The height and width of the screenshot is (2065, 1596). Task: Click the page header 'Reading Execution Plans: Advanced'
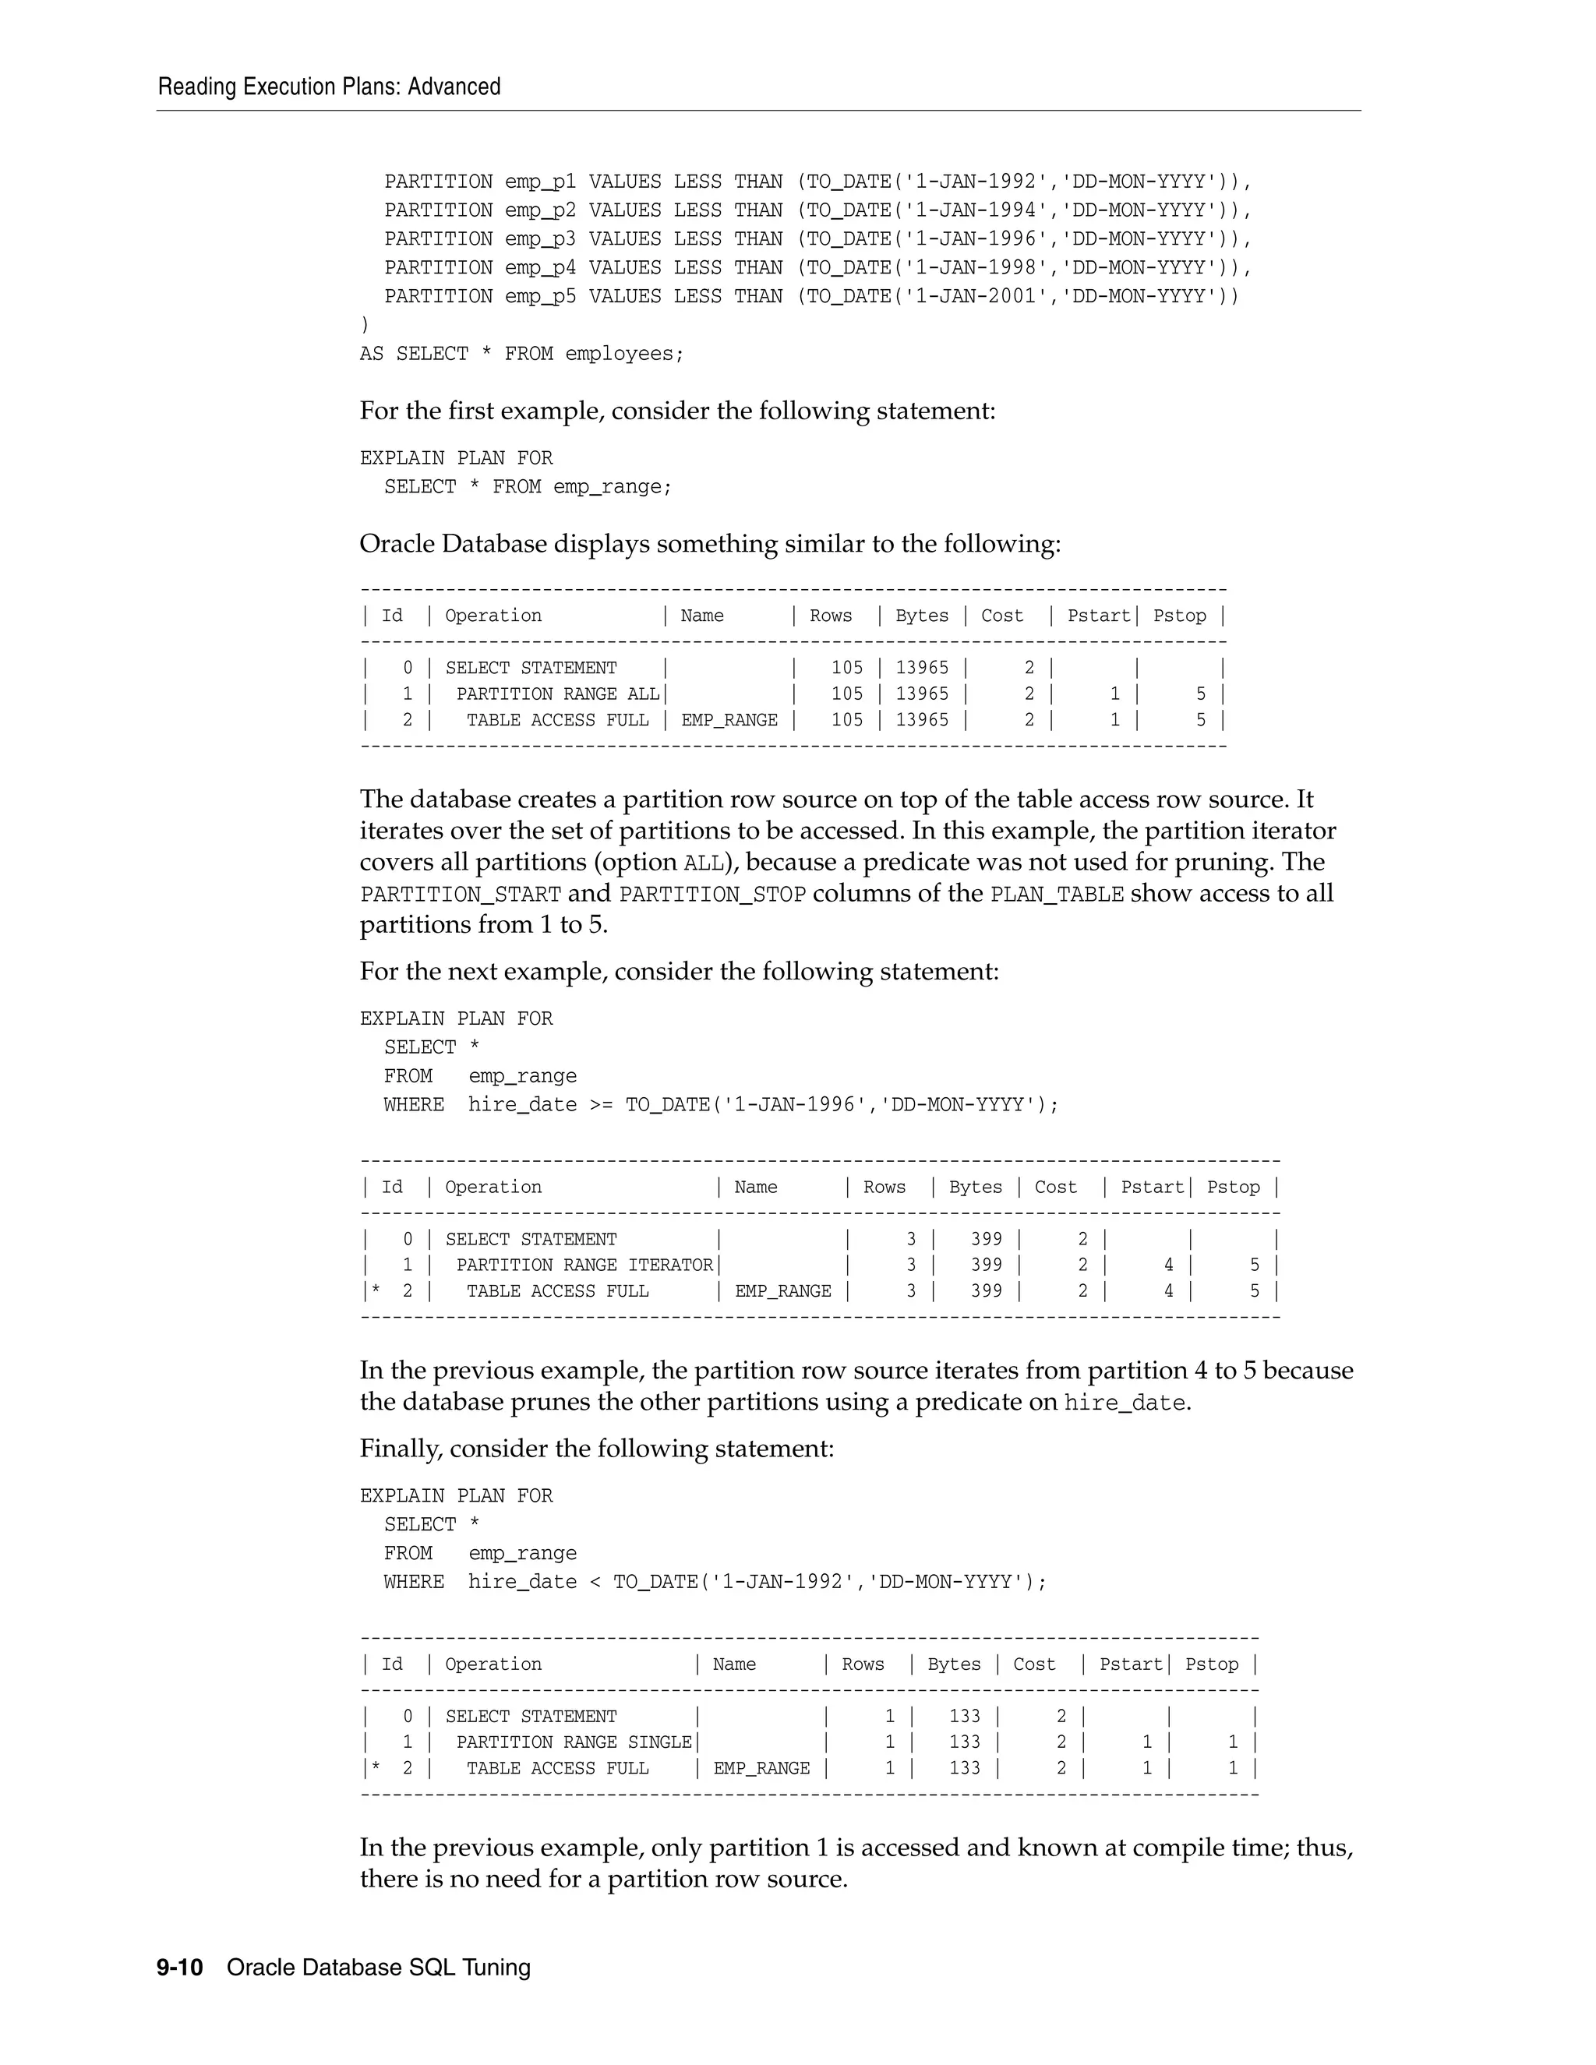[329, 87]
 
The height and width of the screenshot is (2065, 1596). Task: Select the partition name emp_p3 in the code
[540, 239]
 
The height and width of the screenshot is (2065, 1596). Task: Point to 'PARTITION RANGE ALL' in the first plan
[558, 694]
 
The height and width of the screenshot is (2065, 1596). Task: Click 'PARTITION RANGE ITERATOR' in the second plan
[584, 1265]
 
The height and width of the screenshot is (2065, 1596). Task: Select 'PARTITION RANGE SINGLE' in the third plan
[574, 1742]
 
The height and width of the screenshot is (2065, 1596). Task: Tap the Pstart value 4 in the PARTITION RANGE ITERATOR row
[1169, 1265]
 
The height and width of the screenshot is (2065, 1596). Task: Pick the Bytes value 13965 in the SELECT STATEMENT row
[922, 668]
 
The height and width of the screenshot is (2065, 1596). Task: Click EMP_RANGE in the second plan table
[783, 1291]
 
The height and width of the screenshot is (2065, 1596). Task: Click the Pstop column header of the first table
[1179, 616]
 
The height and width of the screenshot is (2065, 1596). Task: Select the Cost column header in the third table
[1033, 1664]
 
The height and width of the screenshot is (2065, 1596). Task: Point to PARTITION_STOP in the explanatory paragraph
[712, 895]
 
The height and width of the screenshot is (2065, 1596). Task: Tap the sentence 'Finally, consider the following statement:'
[597, 1449]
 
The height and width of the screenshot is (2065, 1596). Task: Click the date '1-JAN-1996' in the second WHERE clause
[795, 1104]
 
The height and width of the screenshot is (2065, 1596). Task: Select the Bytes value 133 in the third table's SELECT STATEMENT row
[965, 1716]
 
